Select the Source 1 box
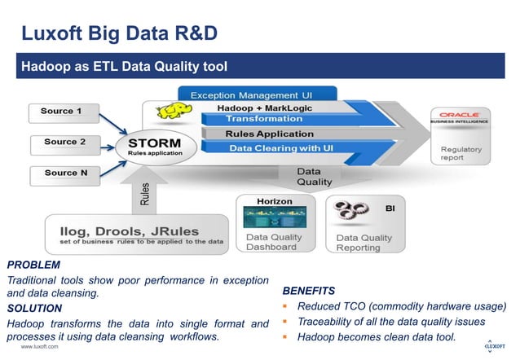[63, 111]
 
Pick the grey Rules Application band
[269, 134]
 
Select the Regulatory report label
[461, 154]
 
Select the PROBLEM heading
[33, 265]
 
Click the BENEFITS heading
[308, 291]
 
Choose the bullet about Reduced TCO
[401, 306]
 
